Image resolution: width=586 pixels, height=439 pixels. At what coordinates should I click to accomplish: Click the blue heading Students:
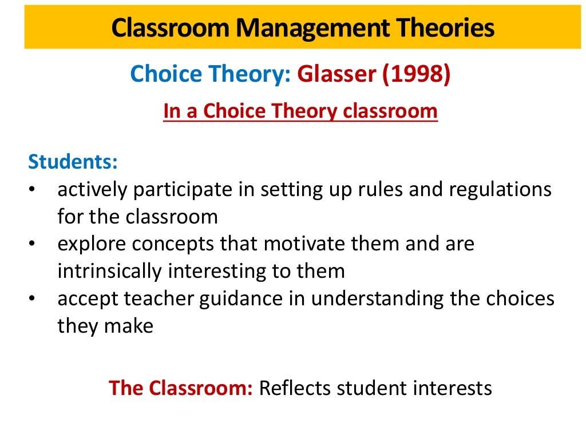73,161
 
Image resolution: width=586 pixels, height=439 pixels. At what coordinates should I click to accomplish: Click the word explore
90,244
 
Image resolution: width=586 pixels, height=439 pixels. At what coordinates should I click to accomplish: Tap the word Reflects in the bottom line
295,388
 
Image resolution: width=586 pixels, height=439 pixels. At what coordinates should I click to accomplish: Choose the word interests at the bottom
452,388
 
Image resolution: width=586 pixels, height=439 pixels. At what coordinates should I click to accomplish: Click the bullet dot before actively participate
32,189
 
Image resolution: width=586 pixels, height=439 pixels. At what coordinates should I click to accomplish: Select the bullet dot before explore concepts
32,244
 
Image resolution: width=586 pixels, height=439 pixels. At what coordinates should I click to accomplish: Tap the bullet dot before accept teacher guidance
32,299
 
